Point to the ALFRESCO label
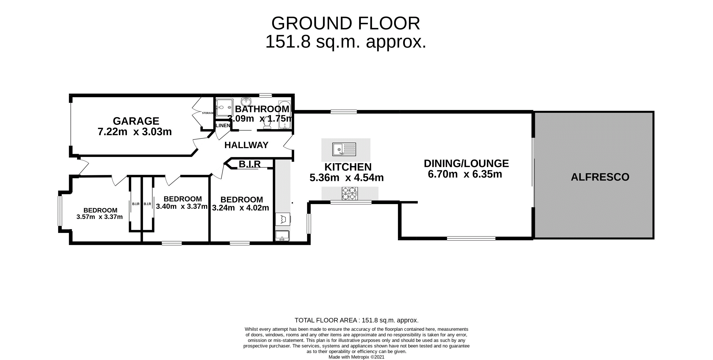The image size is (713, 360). (600, 177)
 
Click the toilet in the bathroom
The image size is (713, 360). (267, 123)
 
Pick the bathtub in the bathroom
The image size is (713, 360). (284, 115)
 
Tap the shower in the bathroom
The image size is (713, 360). (224, 107)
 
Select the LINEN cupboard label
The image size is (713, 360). (223, 125)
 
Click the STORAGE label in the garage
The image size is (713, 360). (208, 113)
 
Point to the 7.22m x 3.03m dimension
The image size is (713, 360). (135, 132)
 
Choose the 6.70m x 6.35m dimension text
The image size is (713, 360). (465, 174)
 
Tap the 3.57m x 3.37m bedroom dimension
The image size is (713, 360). (99, 217)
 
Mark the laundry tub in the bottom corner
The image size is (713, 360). (282, 236)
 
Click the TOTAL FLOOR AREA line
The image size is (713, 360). (357, 320)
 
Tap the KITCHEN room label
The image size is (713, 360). (348, 167)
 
